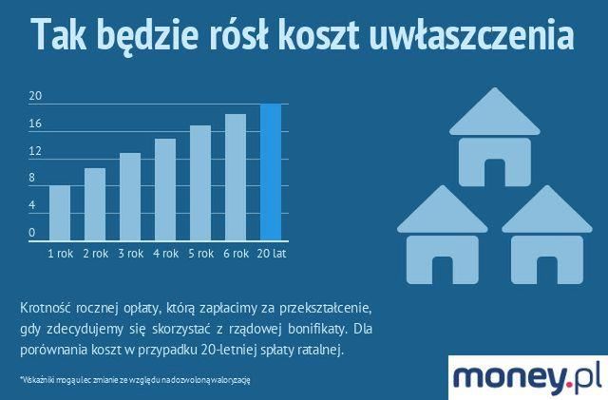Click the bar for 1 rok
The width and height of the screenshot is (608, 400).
point(60,213)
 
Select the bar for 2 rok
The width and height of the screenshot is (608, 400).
point(95,204)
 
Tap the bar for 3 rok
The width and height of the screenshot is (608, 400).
point(130,197)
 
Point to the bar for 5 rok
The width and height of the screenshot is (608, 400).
point(200,182)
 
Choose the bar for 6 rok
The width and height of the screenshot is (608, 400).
point(236,177)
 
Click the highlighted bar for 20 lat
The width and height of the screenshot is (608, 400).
point(271,172)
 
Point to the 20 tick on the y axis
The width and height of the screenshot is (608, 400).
point(35,96)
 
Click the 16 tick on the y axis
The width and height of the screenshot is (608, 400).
point(35,124)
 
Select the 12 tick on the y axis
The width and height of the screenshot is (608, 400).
point(35,150)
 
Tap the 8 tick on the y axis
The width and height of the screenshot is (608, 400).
point(32,178)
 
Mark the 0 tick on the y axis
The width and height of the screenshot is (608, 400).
point(32,232)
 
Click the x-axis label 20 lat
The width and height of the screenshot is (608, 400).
point(271,254)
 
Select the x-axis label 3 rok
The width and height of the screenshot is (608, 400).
point(130,254)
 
